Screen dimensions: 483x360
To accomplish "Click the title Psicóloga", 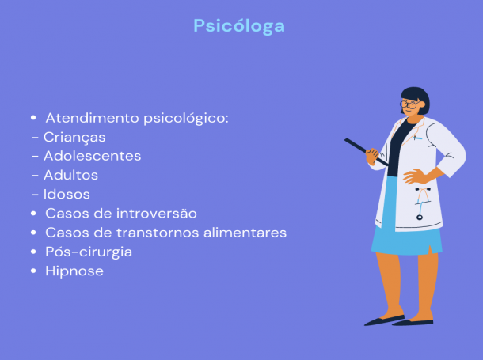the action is (239, 26).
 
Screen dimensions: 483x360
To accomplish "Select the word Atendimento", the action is (93, 118).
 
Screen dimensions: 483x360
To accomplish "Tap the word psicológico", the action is (186, 119).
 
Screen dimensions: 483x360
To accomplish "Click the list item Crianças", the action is (74, 138).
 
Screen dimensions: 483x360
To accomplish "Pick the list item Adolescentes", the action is (93, 156).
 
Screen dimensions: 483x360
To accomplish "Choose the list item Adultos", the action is (70, 175).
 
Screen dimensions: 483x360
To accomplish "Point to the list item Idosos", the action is (67, 194).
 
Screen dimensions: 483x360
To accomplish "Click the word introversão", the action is (157, 214).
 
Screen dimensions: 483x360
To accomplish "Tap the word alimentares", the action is (245, 233).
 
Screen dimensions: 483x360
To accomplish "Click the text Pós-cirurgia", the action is (89, 252).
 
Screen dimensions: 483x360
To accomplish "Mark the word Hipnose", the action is (74, 271).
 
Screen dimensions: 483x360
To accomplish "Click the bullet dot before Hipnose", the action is (33, 271).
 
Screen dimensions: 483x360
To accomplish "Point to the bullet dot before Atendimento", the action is (33, 118).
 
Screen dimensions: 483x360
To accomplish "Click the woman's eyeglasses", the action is (409, 104).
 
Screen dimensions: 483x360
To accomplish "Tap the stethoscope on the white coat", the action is (421, 203).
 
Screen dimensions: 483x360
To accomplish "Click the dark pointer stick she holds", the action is (367, 152).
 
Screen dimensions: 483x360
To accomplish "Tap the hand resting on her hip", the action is (414, 176).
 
